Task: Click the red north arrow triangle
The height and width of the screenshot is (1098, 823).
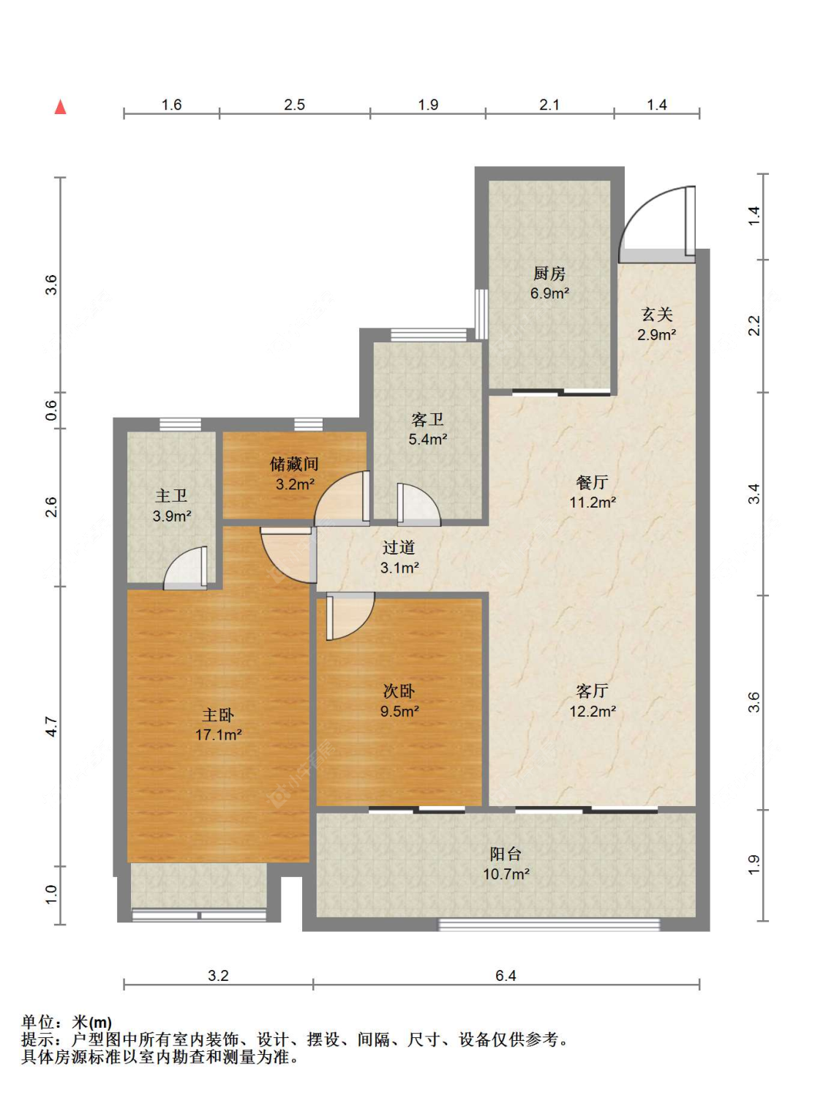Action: point(61,107)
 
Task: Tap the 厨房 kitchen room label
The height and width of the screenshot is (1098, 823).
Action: point(549,274)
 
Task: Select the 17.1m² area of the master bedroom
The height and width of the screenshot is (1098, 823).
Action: point(219,735)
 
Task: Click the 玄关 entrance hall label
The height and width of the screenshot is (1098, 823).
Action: point(657,315)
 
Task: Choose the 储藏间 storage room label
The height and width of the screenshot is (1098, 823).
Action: point(295,464)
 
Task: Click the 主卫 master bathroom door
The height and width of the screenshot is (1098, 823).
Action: point(186,568)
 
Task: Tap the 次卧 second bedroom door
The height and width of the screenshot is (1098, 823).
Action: point(350,616)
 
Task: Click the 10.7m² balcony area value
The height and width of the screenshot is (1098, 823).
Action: point(506,874)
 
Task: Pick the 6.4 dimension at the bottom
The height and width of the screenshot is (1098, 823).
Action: point(506,976)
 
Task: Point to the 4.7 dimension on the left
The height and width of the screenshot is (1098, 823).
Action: point(53,726)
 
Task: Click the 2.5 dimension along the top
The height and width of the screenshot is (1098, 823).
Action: point(295,105)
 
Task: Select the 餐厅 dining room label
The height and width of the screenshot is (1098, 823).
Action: point(593,482)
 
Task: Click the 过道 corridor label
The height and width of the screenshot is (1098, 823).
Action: point(399,547)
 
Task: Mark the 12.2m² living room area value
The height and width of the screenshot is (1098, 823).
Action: point(593,711)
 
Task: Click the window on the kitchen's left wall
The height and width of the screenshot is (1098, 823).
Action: point(481,314)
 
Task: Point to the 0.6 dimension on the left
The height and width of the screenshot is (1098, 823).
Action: point(53,410)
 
